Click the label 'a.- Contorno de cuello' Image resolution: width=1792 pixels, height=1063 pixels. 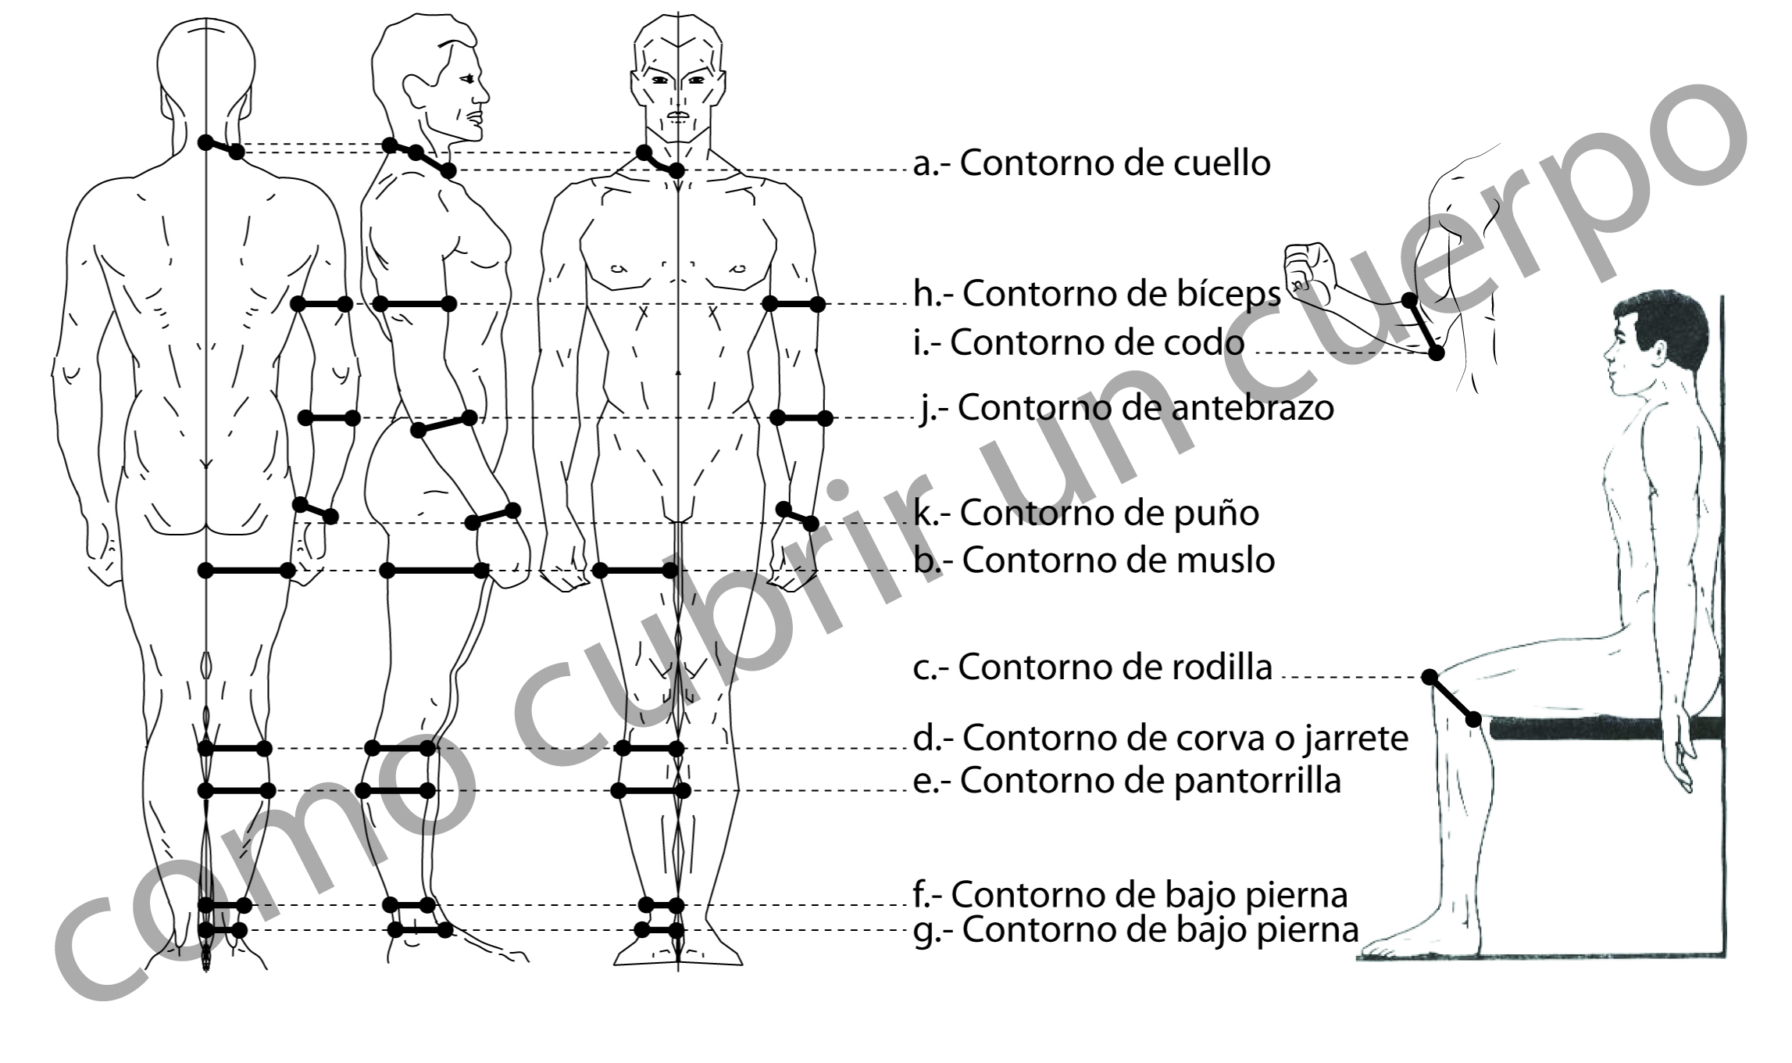point(1091,163)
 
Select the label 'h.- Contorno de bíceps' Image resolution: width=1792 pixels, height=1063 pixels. point(1097,294)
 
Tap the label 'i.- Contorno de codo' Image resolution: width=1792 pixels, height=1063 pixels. point(1079,343)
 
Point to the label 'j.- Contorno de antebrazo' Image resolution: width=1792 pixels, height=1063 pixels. point(1126,407)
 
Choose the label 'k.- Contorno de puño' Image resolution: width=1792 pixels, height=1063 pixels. point(1086,513)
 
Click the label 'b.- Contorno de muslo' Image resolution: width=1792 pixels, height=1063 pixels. point(1094,560)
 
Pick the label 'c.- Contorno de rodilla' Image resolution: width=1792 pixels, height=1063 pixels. point(1092,667)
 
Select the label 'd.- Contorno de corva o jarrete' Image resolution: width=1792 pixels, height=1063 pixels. point(1160,738)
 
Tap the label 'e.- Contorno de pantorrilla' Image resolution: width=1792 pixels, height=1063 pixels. point(1126,780)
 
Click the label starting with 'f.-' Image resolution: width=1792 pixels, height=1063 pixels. point(1130,895)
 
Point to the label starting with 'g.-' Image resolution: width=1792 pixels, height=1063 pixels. point(1136,930)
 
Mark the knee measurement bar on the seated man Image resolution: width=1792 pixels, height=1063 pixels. point(1451,697)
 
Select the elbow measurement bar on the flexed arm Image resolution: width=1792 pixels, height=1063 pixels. point(1423,326)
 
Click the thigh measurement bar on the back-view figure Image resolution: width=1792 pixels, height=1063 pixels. point(246,571)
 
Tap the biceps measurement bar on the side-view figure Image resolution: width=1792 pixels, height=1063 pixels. point(414,303)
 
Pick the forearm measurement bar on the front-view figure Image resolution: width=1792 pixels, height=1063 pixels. point(801,418)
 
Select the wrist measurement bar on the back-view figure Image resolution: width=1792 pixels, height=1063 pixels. point(316,510)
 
